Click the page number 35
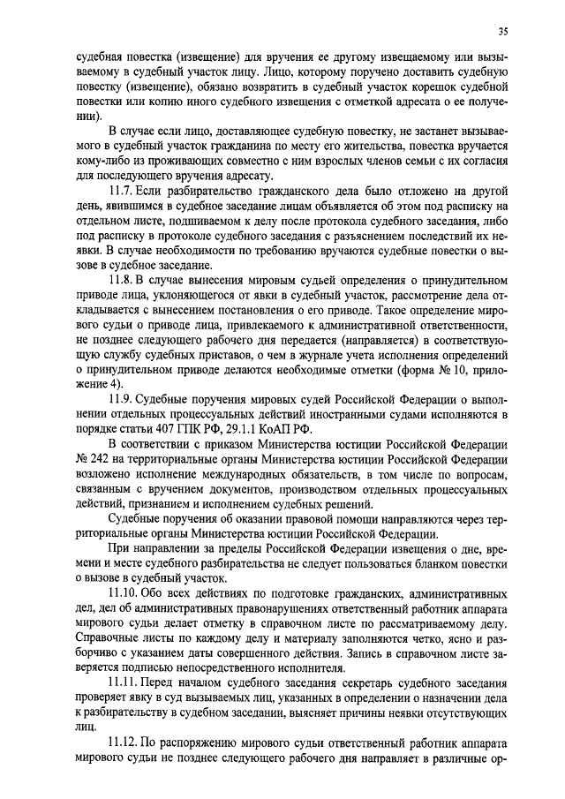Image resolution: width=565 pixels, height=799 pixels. tap(502, 32)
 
